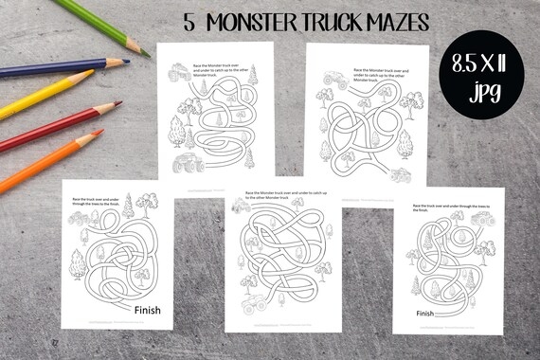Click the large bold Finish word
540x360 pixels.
(x=153, y=308)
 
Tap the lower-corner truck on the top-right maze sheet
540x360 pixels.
(x=401, y=174)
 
